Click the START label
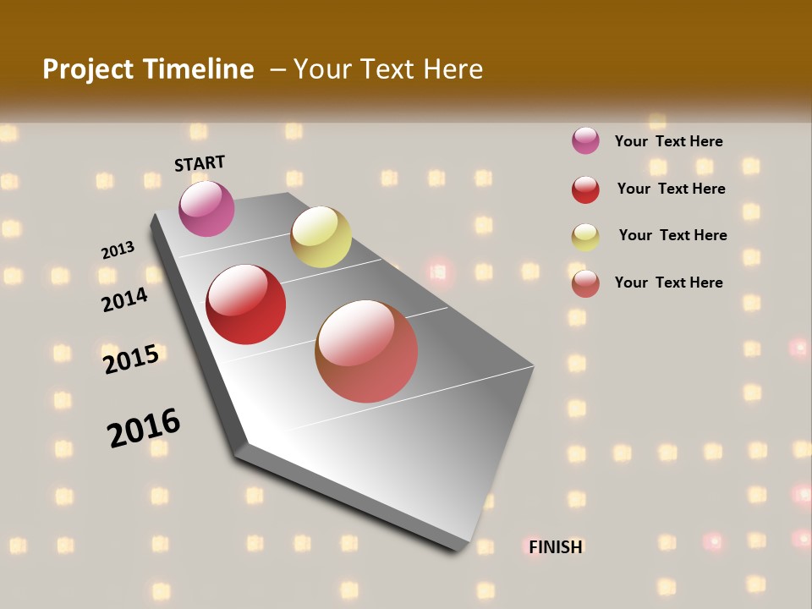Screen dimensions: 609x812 tap(200, 163)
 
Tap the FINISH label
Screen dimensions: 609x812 tap(556, 547)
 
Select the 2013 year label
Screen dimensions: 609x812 tap(118, 250)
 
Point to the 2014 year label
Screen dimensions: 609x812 tap(124, 299)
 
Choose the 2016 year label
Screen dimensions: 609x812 tap(144, 428)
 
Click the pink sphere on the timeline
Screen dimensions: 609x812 tap(206, 208)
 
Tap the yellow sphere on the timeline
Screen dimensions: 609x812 tap(321, 237)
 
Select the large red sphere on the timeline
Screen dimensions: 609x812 tap(246, 304)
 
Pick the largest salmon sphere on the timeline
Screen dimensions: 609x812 tap(366, 351)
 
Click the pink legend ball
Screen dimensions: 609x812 tap(585, 141)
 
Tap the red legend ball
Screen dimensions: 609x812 tap(585, 189)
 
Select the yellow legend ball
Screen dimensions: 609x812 tap(585, 237)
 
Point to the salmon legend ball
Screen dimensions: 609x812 tap(585, 283)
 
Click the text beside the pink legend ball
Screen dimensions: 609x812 tap(668, 141)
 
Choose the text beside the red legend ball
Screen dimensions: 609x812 tap(671, 189)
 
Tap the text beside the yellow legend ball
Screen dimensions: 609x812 tap(672, 235)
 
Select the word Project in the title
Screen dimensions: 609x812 tap(88, 69)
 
